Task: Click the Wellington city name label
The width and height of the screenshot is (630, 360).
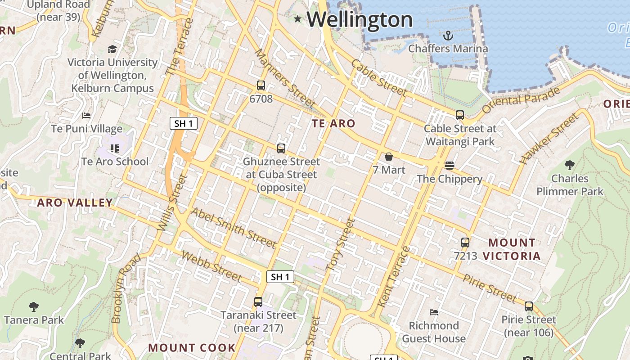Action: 360,20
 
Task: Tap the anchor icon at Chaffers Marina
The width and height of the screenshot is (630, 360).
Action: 448,36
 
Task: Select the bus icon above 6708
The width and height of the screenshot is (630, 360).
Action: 261,85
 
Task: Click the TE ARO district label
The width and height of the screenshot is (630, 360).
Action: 333,123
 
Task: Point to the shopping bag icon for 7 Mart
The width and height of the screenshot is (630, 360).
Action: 389,157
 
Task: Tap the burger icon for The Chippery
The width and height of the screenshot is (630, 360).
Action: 449,166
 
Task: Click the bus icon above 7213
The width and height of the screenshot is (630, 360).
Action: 465,243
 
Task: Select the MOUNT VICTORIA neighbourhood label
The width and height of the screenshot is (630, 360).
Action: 512,249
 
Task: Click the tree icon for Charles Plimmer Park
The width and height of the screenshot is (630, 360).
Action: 570,165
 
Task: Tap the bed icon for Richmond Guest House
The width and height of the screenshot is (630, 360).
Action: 434,312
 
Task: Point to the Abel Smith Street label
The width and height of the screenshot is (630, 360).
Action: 233,228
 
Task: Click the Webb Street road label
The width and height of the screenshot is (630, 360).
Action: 211,265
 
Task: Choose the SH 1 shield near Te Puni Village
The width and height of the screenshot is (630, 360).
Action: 184,123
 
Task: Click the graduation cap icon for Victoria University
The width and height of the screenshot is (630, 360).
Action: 112,49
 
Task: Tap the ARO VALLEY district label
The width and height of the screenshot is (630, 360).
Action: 75,202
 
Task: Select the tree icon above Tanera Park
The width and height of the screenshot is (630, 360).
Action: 34,307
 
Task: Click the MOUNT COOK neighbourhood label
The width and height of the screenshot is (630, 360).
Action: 192,348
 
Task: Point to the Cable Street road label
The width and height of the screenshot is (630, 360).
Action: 379,78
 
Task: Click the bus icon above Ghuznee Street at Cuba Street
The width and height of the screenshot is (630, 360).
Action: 281,148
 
